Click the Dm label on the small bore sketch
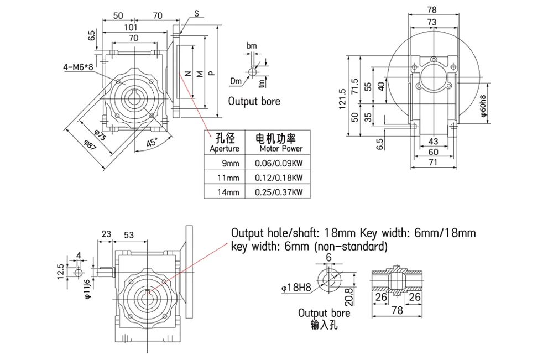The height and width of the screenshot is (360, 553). click(x=236, y=81)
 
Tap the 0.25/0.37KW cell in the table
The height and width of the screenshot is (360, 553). click(x=279, y=192)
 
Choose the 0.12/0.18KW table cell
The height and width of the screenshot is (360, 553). click(x=279, y=178)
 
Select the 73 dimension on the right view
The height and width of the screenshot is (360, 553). click(x=432, y=22)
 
